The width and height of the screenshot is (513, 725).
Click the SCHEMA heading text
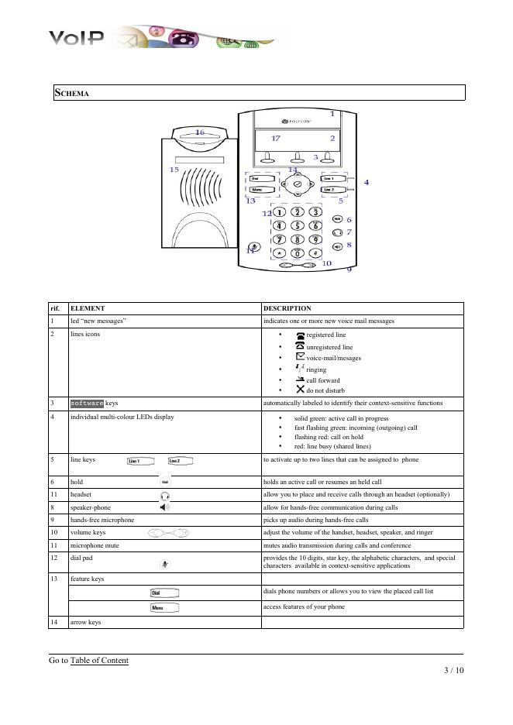tap(71, 94)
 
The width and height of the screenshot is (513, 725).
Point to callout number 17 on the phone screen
tap(276, 138)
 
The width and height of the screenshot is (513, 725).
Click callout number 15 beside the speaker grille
tap(174, 169)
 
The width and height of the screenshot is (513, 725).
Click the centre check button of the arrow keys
tap(297, 184)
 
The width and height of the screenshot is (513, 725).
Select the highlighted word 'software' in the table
tap(87, 404)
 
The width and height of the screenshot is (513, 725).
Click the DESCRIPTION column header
tap(287, 308)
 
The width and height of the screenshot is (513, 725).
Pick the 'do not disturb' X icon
tap(300, 390)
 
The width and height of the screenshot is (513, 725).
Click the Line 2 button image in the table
tap(179, 461)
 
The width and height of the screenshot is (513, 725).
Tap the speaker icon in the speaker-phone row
tap(164, 507)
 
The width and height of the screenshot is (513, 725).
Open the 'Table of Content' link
tap(99, 661)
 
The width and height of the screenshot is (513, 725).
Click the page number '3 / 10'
tap(449, 670)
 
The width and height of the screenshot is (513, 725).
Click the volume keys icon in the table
tap(169, 533)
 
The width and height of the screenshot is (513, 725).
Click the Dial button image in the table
tap(164, 593)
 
